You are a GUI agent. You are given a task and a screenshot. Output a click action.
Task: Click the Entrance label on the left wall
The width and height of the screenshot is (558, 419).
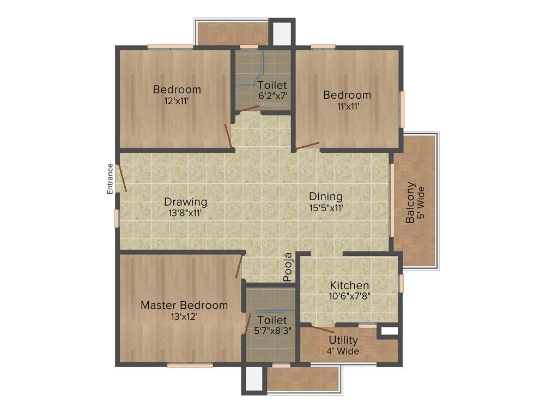[110, 178]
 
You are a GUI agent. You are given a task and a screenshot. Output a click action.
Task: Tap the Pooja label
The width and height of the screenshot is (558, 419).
[288, 267]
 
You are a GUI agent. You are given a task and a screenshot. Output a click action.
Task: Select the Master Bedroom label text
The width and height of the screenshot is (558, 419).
[184, 305]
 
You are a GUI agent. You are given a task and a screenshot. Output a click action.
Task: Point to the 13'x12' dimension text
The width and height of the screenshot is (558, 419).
[184, 316]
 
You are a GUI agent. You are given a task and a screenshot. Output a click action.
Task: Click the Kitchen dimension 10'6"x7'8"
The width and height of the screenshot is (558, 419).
[349, 296]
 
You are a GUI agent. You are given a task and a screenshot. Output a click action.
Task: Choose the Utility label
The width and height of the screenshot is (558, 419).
[343, 340]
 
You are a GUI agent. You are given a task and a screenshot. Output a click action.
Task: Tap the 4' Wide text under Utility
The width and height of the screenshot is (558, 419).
[343, 351]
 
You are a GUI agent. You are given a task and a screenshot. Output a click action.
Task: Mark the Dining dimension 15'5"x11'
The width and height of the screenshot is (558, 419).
[326, 207]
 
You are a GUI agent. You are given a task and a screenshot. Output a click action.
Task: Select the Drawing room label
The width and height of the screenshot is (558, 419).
[186, 202]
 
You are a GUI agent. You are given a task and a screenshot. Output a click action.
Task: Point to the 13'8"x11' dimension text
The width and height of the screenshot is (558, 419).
[186, 213]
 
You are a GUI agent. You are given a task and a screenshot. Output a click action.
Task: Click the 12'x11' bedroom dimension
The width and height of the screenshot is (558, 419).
[177, 101]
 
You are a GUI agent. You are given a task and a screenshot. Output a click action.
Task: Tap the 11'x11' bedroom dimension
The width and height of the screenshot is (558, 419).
[347, 106]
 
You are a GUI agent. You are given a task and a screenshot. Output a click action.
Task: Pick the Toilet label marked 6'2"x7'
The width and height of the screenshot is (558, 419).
[272, 85]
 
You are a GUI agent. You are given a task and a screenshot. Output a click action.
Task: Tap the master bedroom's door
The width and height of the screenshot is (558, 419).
[239, 267]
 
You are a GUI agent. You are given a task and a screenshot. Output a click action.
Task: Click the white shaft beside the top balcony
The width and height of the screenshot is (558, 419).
[282, 34]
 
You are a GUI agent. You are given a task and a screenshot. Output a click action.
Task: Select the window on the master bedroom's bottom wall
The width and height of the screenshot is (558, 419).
[190, 366]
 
